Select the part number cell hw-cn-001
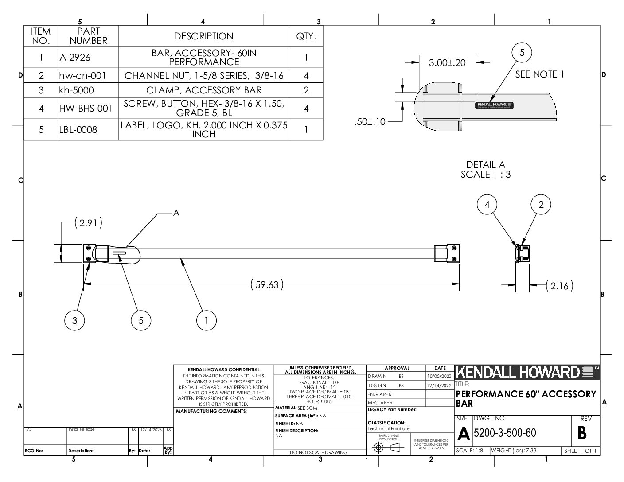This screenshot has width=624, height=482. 83,76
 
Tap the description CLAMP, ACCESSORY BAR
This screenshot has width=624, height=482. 204,90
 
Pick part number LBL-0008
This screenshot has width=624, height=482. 78,130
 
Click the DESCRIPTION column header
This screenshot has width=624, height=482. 203,36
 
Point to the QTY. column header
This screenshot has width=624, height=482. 306,36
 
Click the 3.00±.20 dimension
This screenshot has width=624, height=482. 447,63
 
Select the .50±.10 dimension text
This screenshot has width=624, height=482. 370,122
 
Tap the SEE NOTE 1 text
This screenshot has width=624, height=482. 539,74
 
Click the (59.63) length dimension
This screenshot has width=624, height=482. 267,284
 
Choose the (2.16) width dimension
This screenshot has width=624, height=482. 559,286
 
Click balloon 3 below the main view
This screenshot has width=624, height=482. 74,320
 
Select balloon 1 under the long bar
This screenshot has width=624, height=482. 206,320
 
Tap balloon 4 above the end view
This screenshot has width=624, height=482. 487,205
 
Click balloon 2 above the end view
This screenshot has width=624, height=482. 541,205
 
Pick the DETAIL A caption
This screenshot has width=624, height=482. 485,165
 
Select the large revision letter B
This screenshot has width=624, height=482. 582,433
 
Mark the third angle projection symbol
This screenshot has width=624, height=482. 386,447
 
